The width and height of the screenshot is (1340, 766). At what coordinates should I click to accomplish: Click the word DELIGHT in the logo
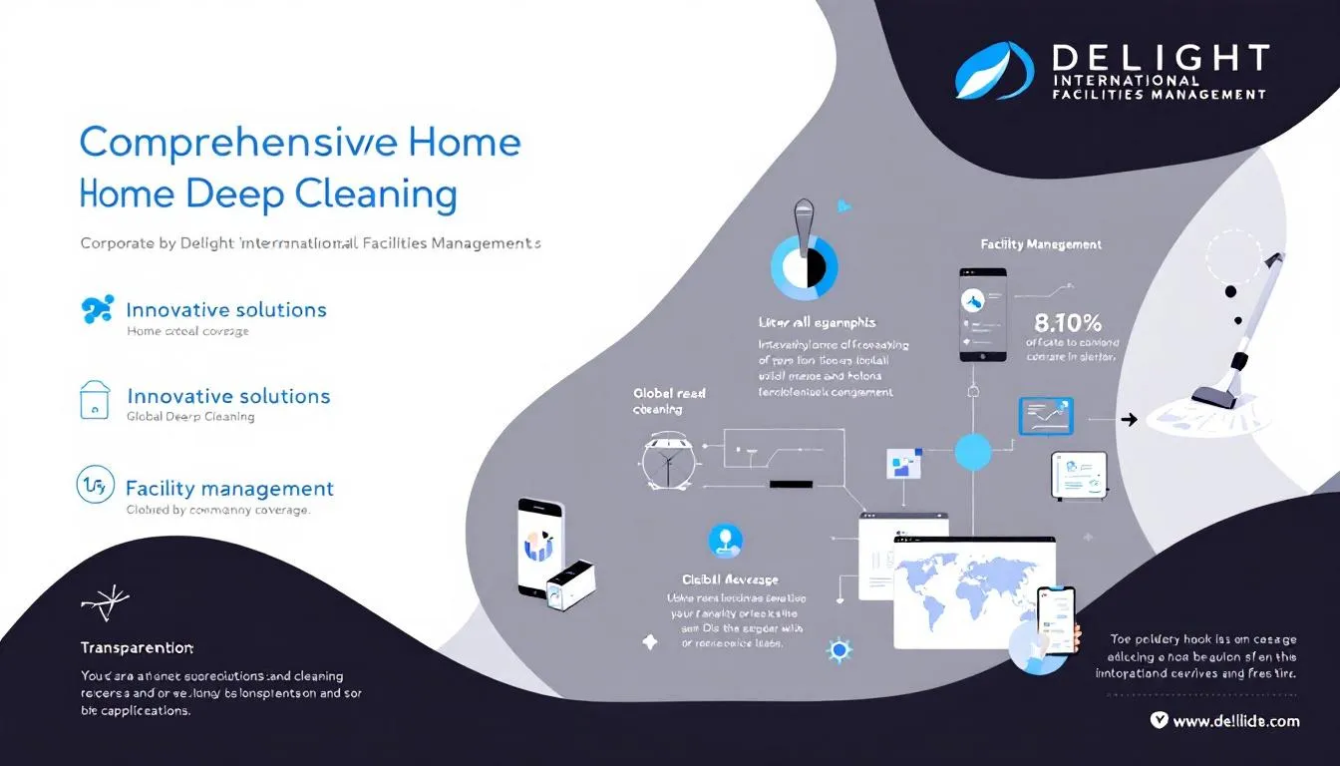click(x=1161, y=57)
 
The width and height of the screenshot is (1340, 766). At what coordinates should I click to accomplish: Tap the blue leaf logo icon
click(x=994, y=70)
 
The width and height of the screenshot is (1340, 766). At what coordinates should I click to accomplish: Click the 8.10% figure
click(x=1068, y=322)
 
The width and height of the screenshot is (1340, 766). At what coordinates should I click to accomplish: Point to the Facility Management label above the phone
click(x=1041, y=243)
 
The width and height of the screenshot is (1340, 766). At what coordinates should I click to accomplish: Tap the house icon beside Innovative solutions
click(x=95, y=398)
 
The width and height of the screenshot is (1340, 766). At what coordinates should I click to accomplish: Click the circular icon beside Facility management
click(x=92, y=486)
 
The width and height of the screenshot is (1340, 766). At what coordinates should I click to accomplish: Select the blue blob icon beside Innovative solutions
click(x=96, y=310)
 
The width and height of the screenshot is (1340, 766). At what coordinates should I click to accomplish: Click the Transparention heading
click(x=137, y=648)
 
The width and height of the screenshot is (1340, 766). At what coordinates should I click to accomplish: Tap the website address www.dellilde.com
click(x=1235, y=721)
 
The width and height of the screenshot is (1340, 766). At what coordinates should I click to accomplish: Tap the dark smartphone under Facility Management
click(x=982, y=314)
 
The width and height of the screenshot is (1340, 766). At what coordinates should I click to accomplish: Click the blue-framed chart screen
click(x=1045, y=416)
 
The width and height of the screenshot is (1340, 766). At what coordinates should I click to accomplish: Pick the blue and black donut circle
click(x=804, y=266)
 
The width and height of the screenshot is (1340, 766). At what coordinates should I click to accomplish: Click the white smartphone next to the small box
click(x=539, y=546)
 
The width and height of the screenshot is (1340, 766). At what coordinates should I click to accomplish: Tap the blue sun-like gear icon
click(x=839, y=650)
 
